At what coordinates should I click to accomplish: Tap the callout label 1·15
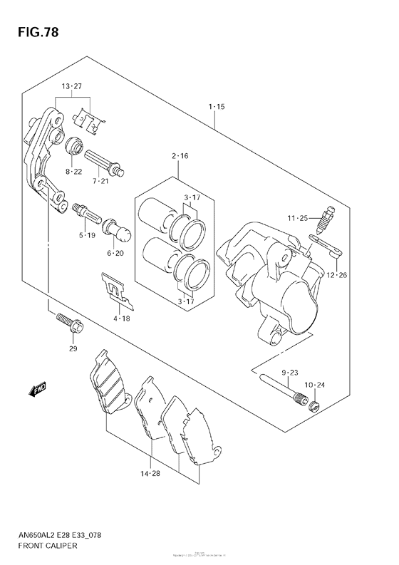(x=217, y=107)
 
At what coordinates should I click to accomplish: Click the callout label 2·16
(x=179, y=156)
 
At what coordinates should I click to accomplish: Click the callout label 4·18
(x=121, y=319)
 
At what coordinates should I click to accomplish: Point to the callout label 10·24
(x=313, y=385)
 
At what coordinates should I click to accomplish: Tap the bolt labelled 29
(x=70, y=325)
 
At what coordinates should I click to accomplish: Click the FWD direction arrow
(x=38, y=390)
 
